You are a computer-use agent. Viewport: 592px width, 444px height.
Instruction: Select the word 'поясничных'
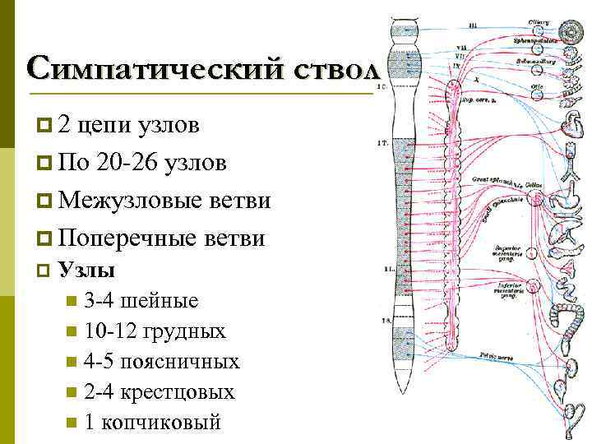click(180, 362)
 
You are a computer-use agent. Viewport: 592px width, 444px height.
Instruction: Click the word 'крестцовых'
click(178, 392)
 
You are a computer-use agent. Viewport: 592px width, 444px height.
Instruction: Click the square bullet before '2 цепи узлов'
click(44, 125)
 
